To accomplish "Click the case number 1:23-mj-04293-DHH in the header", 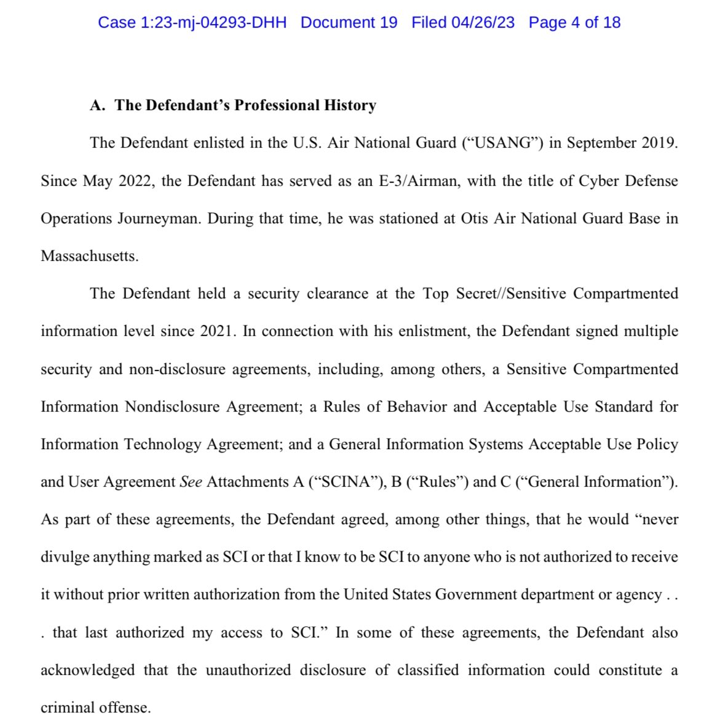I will (192, 23).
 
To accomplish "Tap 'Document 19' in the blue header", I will (349, 23).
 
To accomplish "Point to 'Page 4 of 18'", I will (574, 23).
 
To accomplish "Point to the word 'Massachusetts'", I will (89, 256).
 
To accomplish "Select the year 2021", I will (217, 331).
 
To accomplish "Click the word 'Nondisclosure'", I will (172, 407).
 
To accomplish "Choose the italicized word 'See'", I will (191, 482).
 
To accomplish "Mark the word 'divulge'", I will (65, 557).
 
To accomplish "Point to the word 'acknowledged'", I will (87, 670).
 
